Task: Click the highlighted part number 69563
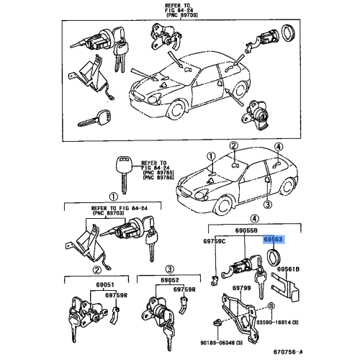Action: [273, 244]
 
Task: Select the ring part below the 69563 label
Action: [274, 258]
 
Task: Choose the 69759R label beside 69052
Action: [185, 289]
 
